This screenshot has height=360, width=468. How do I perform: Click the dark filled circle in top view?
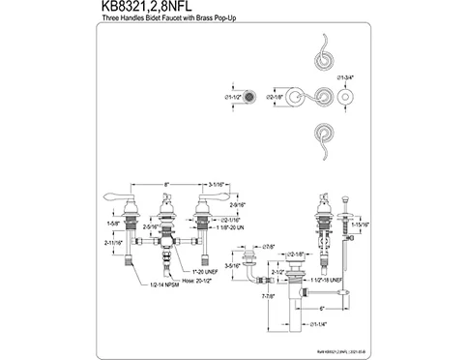(x=249, y=99)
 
